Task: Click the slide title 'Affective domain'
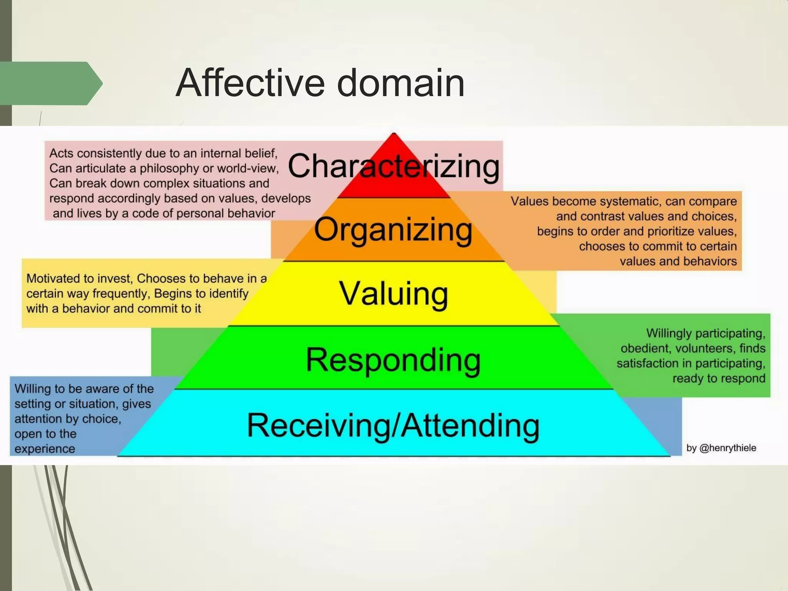point(320,83)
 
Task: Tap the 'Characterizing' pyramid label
point(393,166)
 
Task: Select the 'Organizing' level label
point(393,230)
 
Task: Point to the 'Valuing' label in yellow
point(393,294)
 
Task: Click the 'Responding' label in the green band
point(393,360)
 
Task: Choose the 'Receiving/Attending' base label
point(393,426)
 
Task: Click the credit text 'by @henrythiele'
point(721,448)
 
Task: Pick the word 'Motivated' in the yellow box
point(52,278)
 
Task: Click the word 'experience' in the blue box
point(45,449)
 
